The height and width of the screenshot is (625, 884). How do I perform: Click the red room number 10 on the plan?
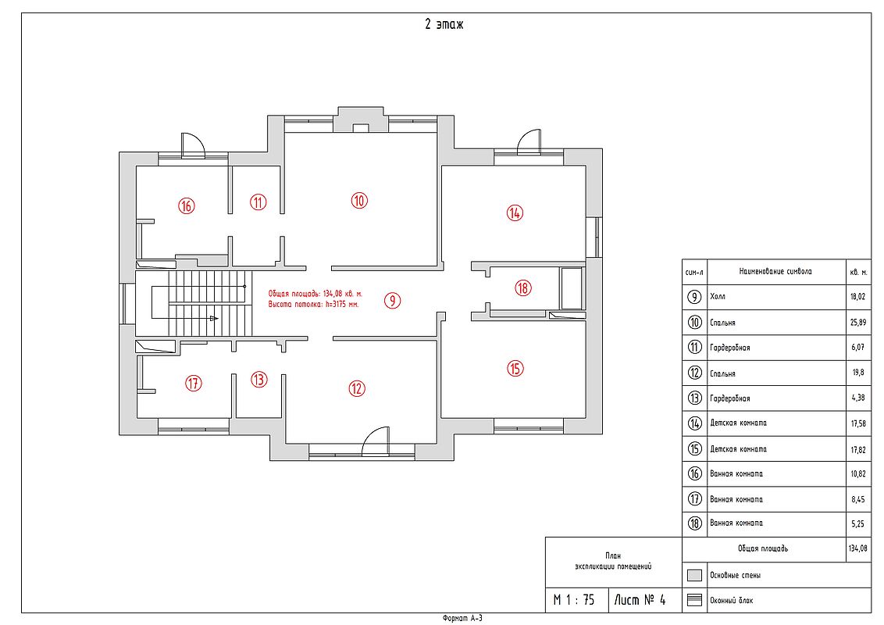pyautogui.click(x=359, y=200)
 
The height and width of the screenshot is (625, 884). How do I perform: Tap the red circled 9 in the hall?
pyautogui.click(x=392, y=301)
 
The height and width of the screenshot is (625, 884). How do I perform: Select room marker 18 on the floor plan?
pyautogui.click(x=523, y=288)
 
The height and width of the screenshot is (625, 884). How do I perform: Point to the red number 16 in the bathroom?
pyautogui.click(x=186, y=205)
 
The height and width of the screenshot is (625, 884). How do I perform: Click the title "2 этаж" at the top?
pyautogui.click(x=444, y=25)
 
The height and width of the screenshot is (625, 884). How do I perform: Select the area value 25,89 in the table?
pyautogui.click(x=857, y=323)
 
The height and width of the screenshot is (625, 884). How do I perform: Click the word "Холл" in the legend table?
pyautogui.click(x=718, y=297)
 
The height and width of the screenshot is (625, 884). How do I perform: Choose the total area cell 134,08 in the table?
pyautogui.click(x=857, y=548)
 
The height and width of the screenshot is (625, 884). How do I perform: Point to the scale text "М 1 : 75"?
pyautogui.click(x=574, y=600)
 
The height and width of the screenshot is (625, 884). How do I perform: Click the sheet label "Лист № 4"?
pyautogui.click(x=640, y=600)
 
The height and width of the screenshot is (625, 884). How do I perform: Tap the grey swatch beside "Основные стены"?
pyautogui.click(x=694, y=575)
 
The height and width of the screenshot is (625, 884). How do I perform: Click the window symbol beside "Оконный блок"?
pyautogui.click(x=694, y=600)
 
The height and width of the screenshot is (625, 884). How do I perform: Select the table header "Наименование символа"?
pyautogui.click(x=775, y=271)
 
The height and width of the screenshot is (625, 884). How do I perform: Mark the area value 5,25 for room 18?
pyautogui.click(x=857, y=524)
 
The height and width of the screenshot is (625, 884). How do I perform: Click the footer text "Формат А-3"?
pyautogui.click(x=462, y=619)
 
